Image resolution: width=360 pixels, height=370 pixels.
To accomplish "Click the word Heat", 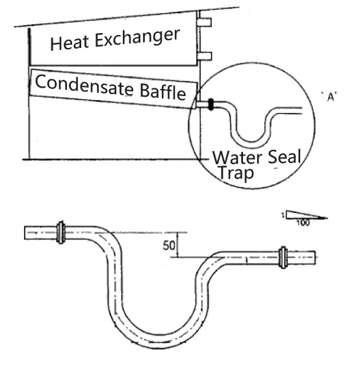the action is pos(70,43).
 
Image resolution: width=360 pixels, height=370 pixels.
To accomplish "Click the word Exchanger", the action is pos(137,38).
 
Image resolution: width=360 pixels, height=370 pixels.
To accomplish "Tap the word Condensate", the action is pos(84,86).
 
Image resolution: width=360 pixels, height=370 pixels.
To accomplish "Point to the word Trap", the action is pos(236,173).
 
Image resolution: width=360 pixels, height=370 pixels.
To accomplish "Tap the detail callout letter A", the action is pos(331,97).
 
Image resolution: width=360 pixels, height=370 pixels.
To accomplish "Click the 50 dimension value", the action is pos(169,245).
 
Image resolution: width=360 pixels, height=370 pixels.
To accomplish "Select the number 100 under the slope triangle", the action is pos(303,223).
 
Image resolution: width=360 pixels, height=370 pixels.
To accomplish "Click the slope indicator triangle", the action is pos(307,215).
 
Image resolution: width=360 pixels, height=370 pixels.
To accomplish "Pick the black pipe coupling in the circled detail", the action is pos(211,105).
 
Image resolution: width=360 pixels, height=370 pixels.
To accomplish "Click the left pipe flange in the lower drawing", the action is pos(61,232).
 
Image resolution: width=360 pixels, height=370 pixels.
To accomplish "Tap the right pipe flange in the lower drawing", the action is pos(283,257).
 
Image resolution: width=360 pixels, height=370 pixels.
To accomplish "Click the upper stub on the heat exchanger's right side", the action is pos(205,22).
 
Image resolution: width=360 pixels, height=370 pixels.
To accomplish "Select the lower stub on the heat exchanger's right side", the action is pos(205,56).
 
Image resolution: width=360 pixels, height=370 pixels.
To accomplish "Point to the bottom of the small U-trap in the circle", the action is pos(251,144).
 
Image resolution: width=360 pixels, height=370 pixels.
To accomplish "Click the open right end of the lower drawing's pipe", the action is pos(315,258).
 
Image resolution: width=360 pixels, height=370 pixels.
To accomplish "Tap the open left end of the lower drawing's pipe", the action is pos(25,232).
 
